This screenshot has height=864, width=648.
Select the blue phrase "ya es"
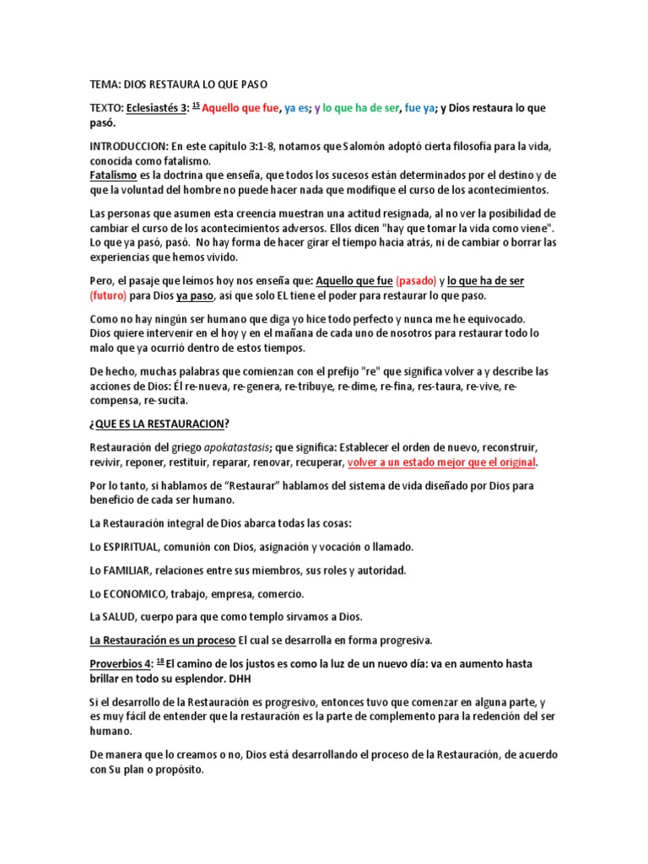click(x=297, y=108)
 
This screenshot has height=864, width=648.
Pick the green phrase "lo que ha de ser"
click(x=360, y=108)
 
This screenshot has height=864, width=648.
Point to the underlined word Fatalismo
click(x=113, y=175)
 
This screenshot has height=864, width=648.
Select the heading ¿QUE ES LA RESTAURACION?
click(x=159, y=423)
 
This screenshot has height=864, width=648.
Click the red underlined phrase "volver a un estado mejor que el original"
click(x=442, y=462)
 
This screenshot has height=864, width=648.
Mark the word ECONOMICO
click(x=137, y=594)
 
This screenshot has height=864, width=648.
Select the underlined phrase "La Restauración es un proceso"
click(x=163, y=640)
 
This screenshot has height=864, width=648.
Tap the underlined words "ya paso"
click(x=195, y=295)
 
